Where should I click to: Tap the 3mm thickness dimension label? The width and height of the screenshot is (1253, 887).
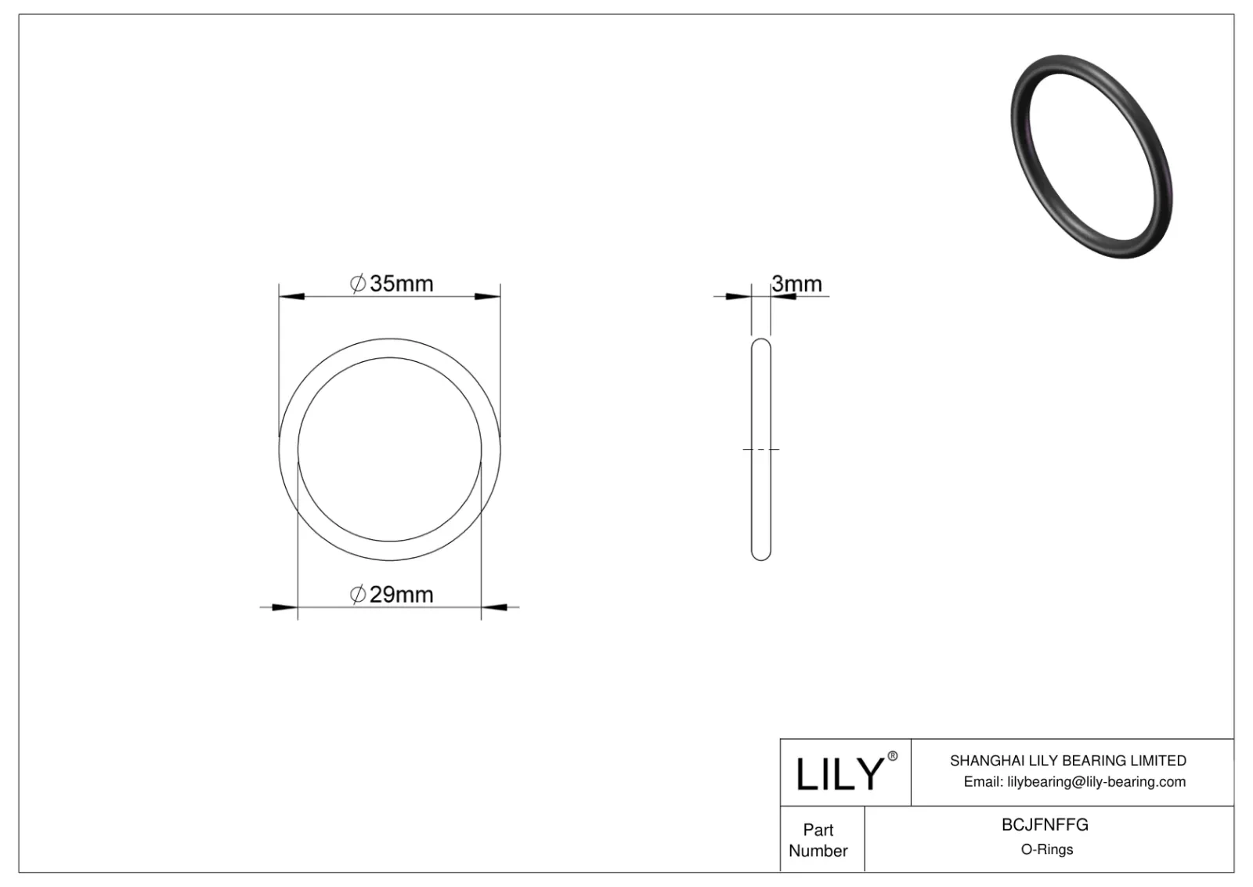(796, 284)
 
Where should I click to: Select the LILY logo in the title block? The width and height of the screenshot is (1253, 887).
(839, 774)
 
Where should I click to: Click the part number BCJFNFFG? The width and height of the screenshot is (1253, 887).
(1045, 825)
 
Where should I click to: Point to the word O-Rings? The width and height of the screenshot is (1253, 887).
(1046, 850)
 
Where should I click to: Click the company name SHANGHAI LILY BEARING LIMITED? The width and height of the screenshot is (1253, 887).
(1067, 761)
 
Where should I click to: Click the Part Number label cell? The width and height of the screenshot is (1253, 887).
(818, 840)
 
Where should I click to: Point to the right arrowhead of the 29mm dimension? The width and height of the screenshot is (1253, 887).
(494, 607)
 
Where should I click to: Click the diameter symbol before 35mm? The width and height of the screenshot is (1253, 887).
(357, 284)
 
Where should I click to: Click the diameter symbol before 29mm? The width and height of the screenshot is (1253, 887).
(357, 595)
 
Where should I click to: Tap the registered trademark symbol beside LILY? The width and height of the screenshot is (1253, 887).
(892, 757)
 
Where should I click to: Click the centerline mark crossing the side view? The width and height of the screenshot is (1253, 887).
(760, 450)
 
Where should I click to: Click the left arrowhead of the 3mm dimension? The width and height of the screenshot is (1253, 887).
(738, 296)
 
